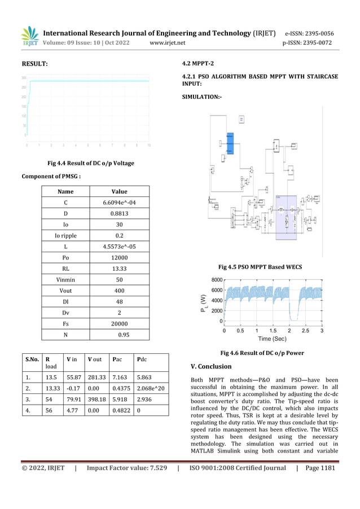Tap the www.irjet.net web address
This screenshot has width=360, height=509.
pos(167,42)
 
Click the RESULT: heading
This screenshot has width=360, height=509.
pos(34,64)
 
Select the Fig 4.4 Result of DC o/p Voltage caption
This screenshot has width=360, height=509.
pos(91,163)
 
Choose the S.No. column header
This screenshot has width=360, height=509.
pos(31,359)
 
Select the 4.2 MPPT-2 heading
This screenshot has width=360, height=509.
pos(200,64)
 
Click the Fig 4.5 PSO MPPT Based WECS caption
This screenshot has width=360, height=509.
pos(260,266)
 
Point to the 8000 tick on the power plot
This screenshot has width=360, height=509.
pos(216,280)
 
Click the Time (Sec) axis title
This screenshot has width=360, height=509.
pos(272,339)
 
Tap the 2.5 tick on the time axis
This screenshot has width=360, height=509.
pos(305,331)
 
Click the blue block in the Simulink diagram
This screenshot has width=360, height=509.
pos(230,143)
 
